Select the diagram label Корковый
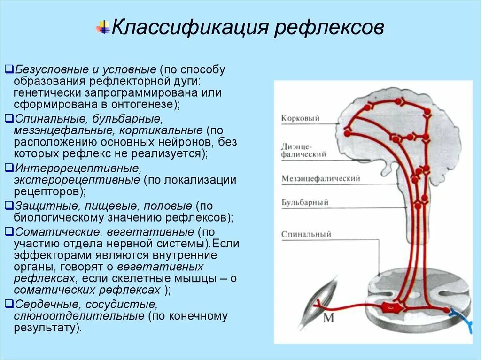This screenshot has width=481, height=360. click(x=300, y=118)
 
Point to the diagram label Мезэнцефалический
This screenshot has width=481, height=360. click(x=321, y=178)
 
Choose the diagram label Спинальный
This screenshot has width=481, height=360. click(x=306, y=234)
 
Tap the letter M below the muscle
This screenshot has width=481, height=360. click(x=328, y=319)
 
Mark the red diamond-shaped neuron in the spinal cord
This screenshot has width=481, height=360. click(x=388, y=307)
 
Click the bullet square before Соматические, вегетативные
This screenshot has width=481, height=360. click(x=8, y=231)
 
